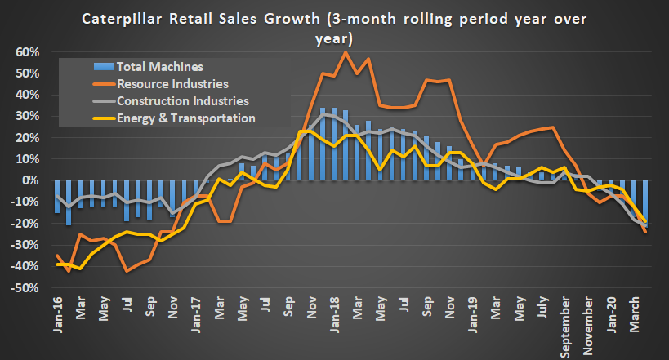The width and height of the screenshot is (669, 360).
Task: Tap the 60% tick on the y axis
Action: click(27, 52)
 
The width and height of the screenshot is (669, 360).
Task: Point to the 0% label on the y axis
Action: click(30, 180)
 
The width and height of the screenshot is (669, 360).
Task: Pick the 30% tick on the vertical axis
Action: click(27, 116)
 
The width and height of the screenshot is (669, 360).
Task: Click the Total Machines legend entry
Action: click(159, 66)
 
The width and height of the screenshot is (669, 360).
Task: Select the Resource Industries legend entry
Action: click(171, 83)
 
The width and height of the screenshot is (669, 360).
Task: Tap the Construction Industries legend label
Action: click(182, 101)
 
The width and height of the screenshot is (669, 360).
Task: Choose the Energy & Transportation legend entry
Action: click(186, 118)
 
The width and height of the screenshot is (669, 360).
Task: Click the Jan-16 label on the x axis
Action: click(56, 314)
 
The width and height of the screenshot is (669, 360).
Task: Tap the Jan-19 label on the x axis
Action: click(474, 314)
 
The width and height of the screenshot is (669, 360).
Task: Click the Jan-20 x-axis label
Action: click(613, 314)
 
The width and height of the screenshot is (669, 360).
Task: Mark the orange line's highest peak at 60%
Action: click(346, 52)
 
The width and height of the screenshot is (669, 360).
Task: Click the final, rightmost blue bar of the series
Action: click(646, 201)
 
